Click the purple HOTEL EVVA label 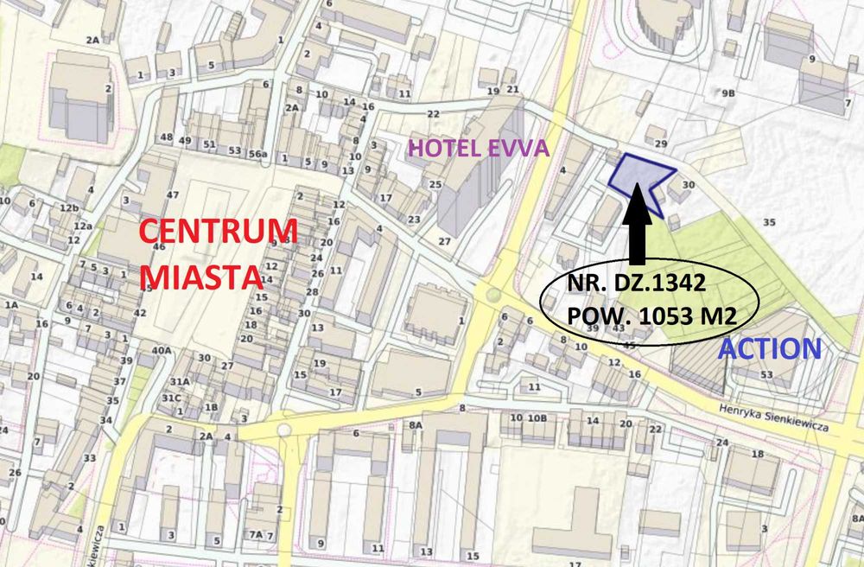478,148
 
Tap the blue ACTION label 770,348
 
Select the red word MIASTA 200,277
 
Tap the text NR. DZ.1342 638,283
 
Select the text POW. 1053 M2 651,315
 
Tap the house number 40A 162,350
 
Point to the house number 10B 537,418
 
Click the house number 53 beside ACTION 766,374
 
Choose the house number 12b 69,207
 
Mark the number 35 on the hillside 769,221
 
